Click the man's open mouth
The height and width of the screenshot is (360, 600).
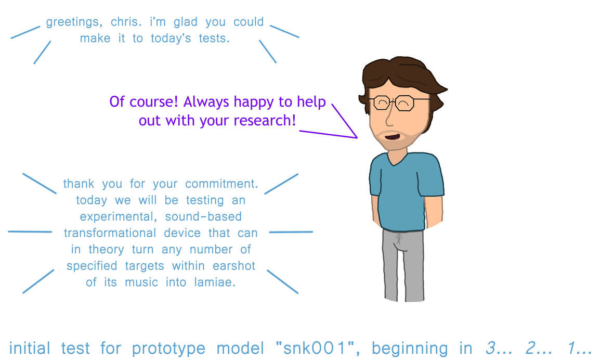point(393,136)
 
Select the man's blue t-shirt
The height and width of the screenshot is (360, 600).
point(406,191)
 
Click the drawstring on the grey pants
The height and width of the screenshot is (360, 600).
point(399,239)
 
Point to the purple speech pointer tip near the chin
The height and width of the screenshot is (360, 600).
point(357,137)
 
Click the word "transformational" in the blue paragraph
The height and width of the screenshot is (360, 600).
point(110,233)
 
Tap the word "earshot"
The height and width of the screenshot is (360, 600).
point(234,266)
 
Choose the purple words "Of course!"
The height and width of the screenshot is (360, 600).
point(144,101)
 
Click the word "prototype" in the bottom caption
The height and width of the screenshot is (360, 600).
point(168,348)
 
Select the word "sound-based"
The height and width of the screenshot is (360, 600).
point(203,216)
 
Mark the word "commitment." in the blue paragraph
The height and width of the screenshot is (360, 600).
point(221,184)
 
